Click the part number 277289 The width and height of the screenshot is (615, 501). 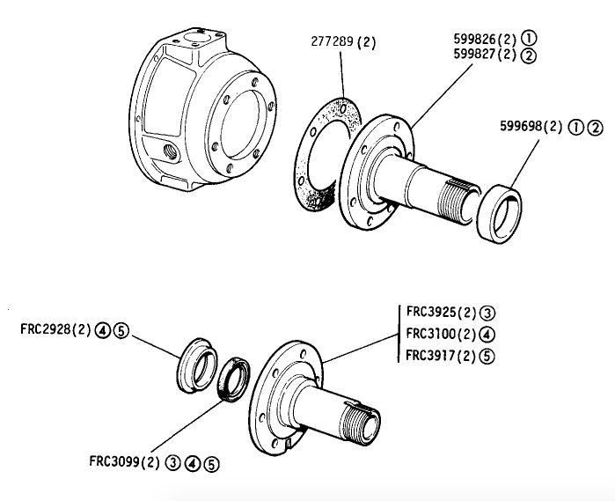tap(333, 41)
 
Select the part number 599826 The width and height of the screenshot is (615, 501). tap(474, 39)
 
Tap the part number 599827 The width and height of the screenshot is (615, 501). tap(474, 55)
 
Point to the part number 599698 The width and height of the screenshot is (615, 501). tap(521, 127)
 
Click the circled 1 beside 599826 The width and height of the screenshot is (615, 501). tap(529, 39)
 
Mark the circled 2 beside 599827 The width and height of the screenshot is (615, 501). tap(529, 55)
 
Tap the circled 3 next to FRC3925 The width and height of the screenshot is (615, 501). tap(487, 313)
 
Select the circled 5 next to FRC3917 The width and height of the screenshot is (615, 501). tap(487, 357)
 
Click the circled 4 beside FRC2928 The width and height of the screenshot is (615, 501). tap(102, 331)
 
